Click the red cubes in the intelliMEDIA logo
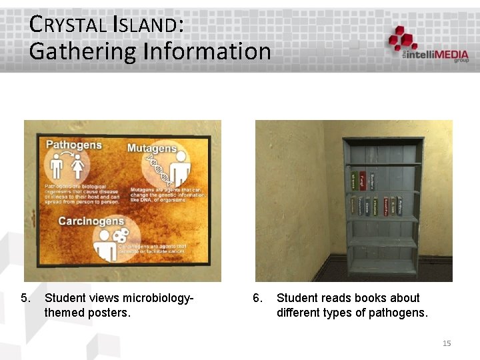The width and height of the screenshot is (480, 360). [x=403, y=39]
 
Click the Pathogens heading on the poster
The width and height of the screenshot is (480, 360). [x=73, y=145]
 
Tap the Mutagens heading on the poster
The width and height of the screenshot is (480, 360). [x=152, y=148]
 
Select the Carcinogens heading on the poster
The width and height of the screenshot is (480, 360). [x=91, y=221]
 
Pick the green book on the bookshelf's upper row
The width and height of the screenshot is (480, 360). [x=353, y=180]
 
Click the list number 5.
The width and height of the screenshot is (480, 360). [x=25, y=298]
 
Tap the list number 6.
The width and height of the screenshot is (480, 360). [x=257, y=298]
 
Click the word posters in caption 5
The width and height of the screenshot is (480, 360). [x=108, y=313]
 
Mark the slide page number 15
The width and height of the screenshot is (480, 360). [x=447, y=343]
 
